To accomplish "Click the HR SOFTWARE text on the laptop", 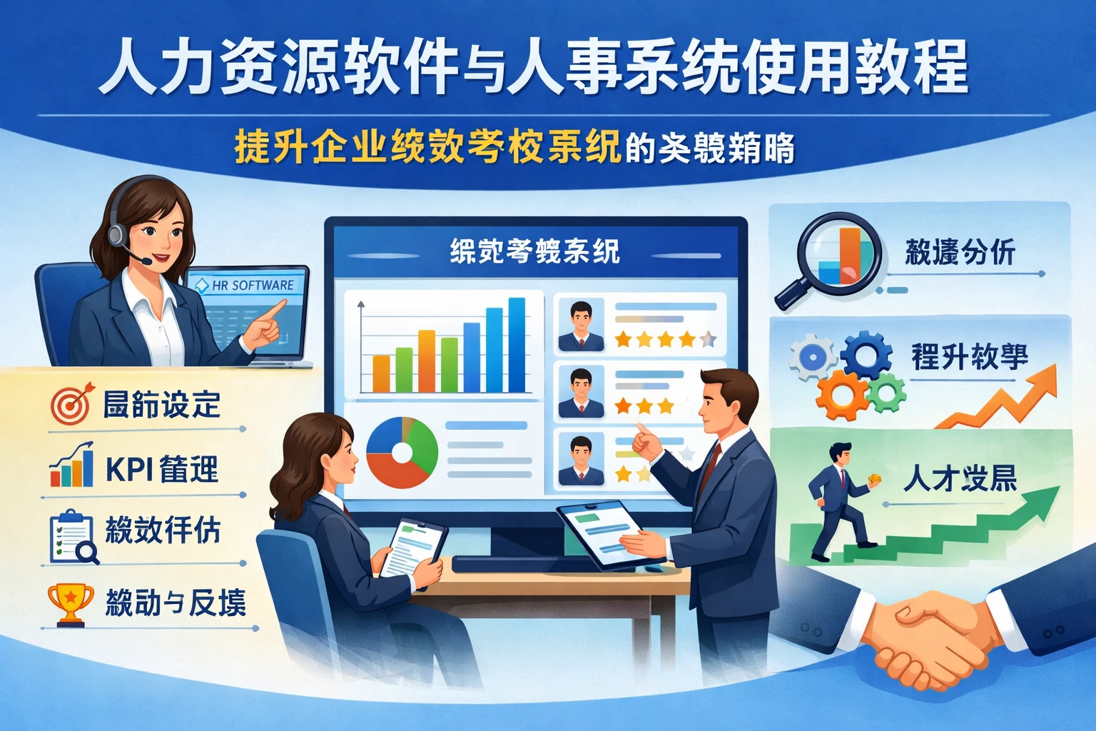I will pos(253,286).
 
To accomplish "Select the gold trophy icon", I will pos(70,603).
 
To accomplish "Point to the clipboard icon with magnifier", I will pos(72,537).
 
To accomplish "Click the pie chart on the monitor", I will pos(402,453).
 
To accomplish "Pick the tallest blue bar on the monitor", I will pos(517,345).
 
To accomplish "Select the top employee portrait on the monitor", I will pos(581,325).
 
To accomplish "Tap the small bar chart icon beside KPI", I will pos(72,467).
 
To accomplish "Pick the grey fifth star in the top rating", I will pos(708,339).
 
